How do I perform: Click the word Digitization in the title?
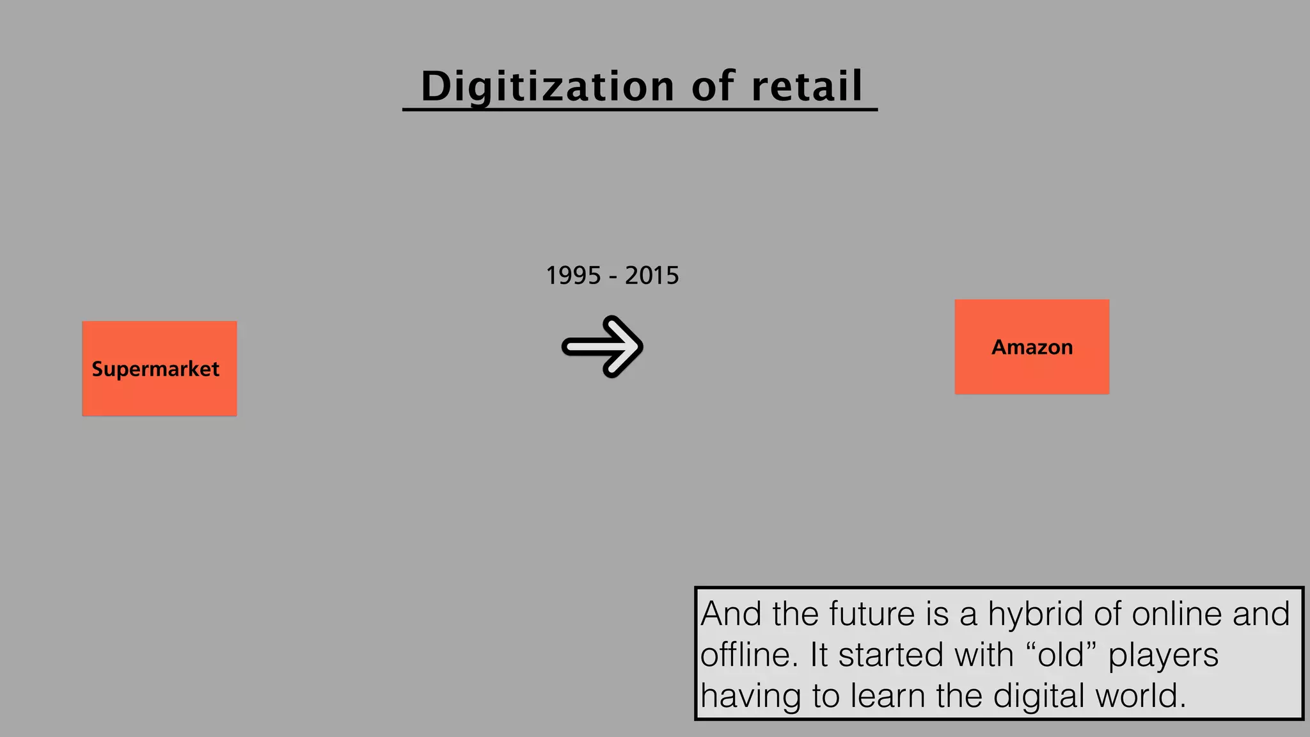point(548,86)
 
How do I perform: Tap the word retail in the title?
point(807,86)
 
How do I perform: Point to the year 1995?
point(574,276)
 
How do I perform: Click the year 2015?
point(652,276)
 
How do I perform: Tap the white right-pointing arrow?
point(603,347)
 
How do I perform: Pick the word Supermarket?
point(155,369)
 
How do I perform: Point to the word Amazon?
point(1032,347)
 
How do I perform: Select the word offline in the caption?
point(745,655)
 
